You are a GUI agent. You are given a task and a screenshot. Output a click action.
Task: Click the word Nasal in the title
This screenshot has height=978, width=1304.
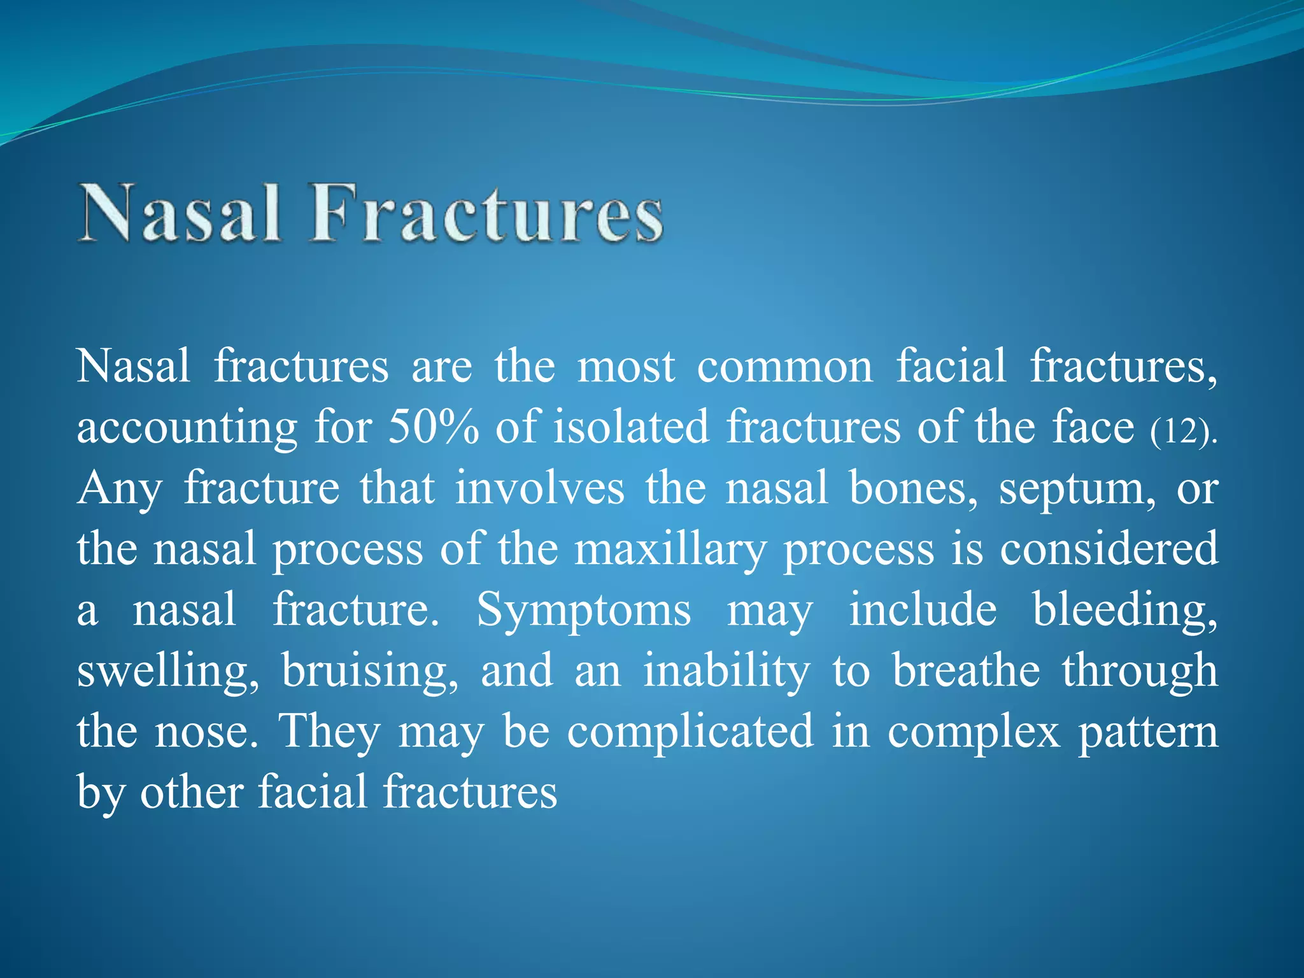(180, 213)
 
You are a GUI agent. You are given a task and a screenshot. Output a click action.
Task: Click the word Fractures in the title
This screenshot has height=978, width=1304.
(486, 213)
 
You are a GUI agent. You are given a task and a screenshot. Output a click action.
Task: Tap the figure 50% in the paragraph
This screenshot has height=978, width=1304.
(433, 427)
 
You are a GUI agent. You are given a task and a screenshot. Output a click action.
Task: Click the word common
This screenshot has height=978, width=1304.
(784, 367)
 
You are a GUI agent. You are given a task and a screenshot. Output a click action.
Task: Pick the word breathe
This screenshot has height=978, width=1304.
(965, 671)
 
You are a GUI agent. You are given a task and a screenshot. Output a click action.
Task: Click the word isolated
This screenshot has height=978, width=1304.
(630, 427)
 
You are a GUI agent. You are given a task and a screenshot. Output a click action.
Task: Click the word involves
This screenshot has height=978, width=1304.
(539, 489)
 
